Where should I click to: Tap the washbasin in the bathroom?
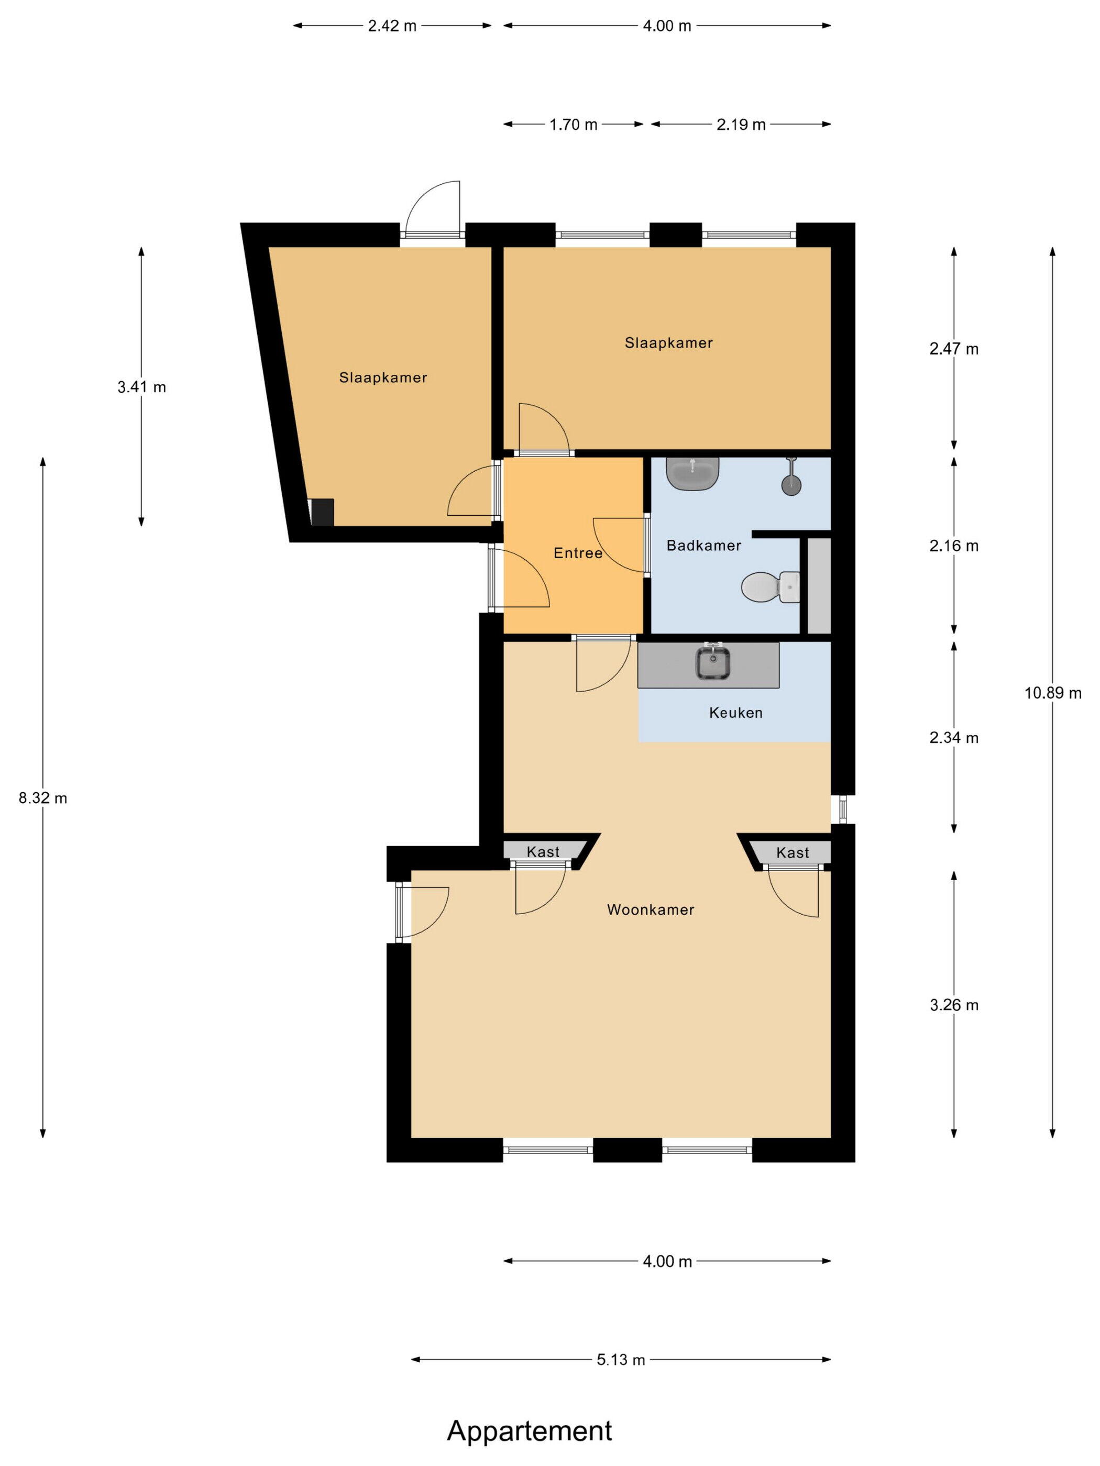692,473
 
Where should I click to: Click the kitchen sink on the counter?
713,662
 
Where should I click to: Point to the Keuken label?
735,713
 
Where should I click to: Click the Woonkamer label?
651,909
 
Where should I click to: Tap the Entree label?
578,553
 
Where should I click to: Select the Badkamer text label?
703,546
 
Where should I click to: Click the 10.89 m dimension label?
1053,693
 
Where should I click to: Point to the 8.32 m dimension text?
43,798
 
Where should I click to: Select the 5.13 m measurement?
621,1360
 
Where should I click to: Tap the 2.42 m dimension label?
392,26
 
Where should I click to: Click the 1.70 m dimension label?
574,125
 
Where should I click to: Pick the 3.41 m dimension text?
142,387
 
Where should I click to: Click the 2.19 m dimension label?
741,125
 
